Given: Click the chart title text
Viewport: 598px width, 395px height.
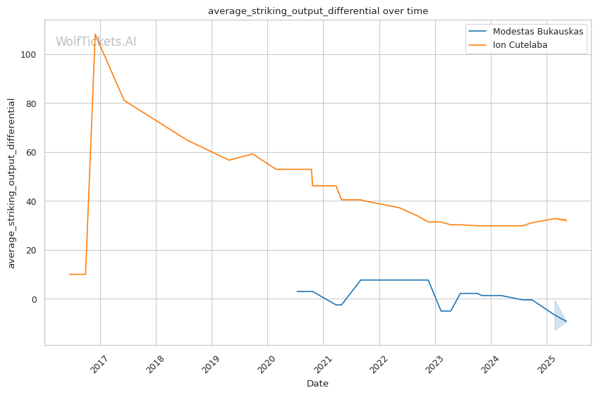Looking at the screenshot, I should coord(317,11).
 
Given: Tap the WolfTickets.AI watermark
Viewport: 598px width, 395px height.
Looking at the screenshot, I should coord(96,42).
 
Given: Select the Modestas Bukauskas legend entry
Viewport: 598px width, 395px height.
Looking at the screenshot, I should coord(538,32).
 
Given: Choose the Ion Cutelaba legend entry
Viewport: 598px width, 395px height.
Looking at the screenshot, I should coord(520,45).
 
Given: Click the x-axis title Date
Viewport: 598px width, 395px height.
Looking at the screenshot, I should coord(317,384).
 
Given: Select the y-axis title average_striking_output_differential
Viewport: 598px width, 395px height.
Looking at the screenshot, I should coord(11,183).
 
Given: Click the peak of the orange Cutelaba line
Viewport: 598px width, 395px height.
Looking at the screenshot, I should coord(95,35).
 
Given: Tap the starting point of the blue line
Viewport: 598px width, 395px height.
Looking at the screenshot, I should coord(298,291).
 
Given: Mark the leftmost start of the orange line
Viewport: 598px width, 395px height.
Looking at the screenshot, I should coord(69,275).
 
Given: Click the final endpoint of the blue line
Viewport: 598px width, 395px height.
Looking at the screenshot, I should coord(566,322).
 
